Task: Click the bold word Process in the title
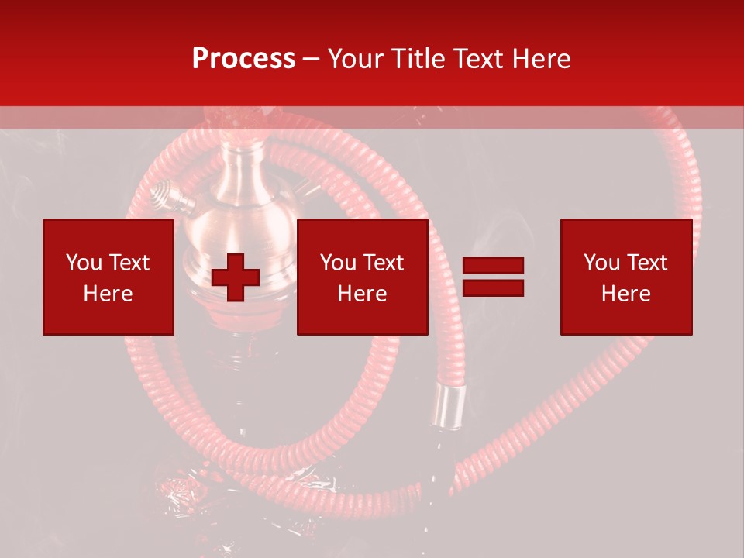coord(243,59)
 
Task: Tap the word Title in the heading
coord(422,59)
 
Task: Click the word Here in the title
coord(540,59)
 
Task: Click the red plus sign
coord(236,277)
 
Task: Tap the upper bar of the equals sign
coord(493,267)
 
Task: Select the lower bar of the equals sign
coord(493,288)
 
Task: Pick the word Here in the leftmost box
coord(108,294)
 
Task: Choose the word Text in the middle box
coord(382,263)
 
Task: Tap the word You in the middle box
coord(336,263)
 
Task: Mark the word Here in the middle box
coord(362,294)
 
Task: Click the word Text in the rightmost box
coord(646,263)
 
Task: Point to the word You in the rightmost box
coord(600,263)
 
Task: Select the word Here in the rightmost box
coord(625,294)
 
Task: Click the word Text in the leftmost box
coord(128,263)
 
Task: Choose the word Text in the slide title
coord(480,59)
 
